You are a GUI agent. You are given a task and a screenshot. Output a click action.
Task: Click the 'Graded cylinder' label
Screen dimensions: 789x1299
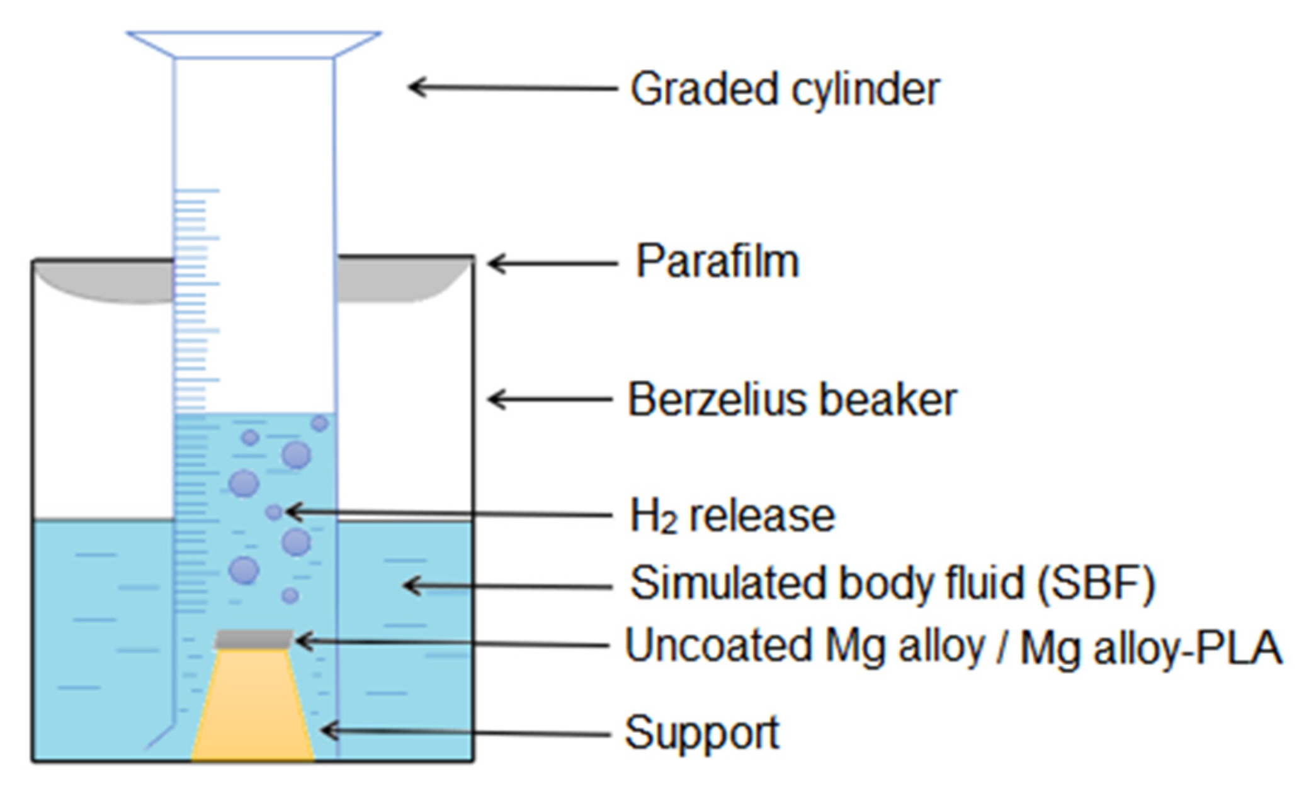785,89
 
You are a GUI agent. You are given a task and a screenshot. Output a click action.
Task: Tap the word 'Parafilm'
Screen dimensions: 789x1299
717,261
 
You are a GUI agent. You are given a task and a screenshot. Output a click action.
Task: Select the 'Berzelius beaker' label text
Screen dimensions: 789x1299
792,400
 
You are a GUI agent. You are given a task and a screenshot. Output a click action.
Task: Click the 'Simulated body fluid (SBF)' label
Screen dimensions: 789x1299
892,584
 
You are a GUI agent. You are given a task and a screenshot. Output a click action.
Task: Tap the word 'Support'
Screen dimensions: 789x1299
701,733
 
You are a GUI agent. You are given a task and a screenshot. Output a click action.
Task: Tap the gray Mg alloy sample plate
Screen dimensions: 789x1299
254,639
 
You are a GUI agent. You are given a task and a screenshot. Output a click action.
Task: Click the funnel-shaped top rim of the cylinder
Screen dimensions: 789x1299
254,44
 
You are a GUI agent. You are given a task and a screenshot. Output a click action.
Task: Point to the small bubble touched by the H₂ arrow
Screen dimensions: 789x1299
274,512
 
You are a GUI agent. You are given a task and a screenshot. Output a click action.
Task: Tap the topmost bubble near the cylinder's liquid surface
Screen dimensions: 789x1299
320,423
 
